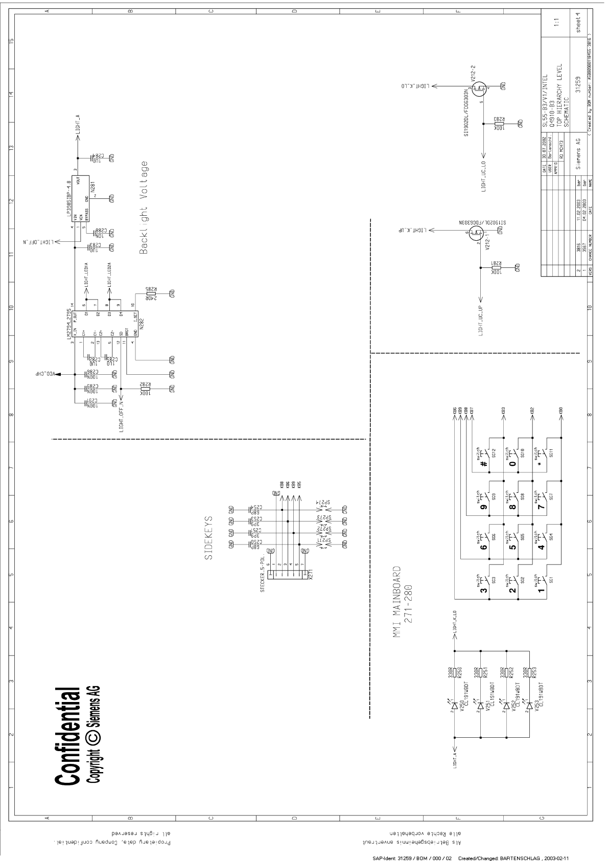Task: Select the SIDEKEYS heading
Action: [x=208, y=538]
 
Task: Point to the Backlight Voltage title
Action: [x=144, y=208]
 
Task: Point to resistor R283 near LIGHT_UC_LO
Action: [x=499, y=123]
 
